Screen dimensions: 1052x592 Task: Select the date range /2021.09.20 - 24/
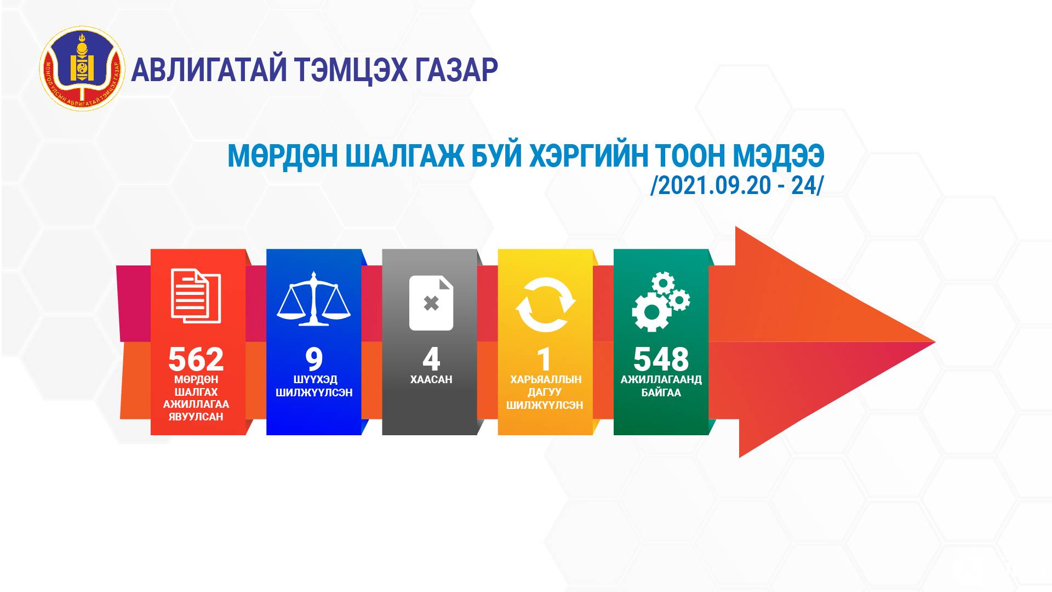(x=736, y=186)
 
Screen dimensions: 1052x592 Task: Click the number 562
(x=196, y=360)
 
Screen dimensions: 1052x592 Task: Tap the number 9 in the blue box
(x=314, y=360)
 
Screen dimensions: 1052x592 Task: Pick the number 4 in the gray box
(x=431, y=360)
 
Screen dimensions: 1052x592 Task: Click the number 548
(x=661, y=360)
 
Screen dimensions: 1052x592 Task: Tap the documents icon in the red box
(x=196, y=296)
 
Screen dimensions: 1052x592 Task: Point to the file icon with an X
(x=431, y=303)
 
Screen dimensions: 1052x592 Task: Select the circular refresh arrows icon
(x=546, y=305)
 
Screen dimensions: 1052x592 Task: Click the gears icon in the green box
(x=661, y=301)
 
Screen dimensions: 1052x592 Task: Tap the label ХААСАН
(x=431, y=379)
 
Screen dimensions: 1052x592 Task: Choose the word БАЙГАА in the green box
(x=661, y=392)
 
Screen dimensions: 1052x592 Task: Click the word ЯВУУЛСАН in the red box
(x=196, y=417)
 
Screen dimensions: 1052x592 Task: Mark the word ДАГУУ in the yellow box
(x=545, y=392)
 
